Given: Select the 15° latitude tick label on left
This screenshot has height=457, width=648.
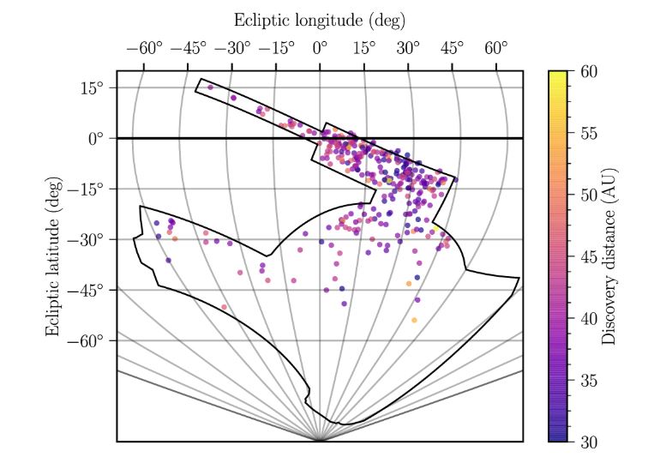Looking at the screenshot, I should [x=93, y=87].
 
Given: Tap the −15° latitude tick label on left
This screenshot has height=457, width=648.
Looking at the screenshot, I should [x=87, y=189].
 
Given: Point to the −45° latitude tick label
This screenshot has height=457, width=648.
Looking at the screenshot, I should [x=87, y=290].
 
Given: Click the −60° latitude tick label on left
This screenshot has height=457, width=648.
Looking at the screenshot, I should [x=87, y=340].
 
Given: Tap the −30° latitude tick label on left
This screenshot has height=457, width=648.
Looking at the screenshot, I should [x=87, y=239].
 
